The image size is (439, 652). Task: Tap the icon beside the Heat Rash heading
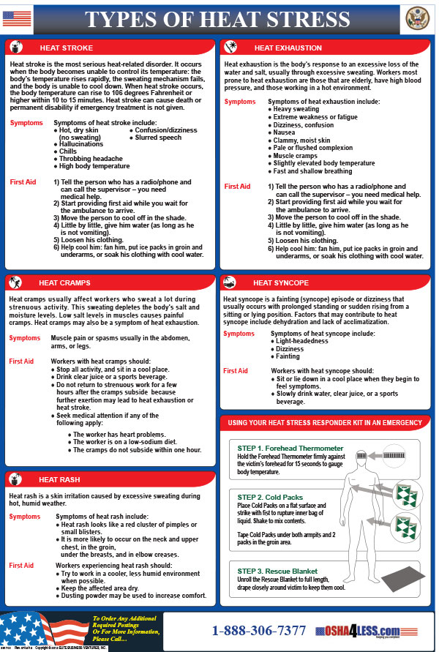coord(17,479)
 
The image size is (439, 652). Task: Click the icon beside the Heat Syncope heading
coord(230,282)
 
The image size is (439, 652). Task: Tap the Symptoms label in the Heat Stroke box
coord(26,123)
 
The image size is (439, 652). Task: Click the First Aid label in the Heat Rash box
coord(21,566)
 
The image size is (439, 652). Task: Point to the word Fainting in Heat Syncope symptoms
coord(288,357)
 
